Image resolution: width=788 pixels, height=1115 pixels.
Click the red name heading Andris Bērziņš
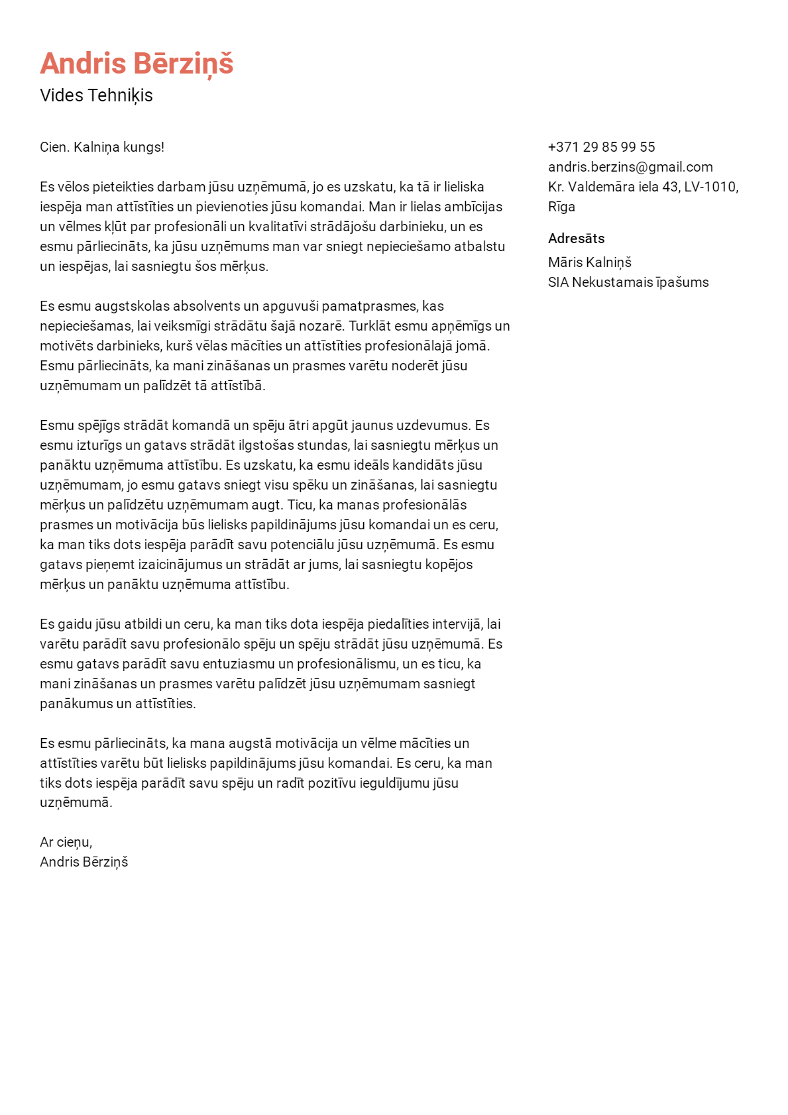[137, 64]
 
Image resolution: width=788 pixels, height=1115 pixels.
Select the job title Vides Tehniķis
[96, 95]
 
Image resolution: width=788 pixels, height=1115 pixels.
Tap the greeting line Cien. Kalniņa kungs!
[102, 147]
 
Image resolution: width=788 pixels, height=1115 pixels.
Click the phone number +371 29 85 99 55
[601, 147]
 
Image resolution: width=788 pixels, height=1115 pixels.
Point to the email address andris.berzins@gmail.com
[630, 167]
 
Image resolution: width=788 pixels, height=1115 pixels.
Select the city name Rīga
[561, 207]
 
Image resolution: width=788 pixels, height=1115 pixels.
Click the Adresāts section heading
[576, 239]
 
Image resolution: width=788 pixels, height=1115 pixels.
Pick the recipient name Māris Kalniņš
[589, 262]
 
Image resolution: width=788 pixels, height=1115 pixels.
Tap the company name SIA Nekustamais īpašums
[628, 282]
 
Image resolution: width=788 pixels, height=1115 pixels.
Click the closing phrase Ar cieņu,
[66, 842]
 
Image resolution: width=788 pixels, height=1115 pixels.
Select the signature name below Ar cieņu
[84, 862]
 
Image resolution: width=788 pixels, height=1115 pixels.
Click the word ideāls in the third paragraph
[371, 465]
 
